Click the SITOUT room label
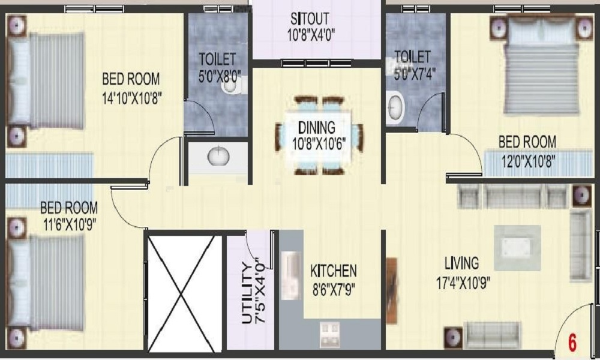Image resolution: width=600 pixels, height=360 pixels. pyautogui.click(x=310, y=19)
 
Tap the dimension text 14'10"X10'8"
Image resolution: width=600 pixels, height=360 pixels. pyautogui.click(x=131, y=98)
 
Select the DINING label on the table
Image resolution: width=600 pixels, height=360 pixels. pyautogui.click(x=317, y=127)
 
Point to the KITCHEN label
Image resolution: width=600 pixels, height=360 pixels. pyautogui.click(x=333, y=271)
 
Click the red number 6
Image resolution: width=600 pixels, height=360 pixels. pyautogui.click(x=572, y=343)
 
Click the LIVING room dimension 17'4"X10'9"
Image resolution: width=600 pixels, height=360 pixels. pyautogui.click(x=463, y=283)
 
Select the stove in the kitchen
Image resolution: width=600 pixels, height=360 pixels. pyautogui.click(x=330, y=334)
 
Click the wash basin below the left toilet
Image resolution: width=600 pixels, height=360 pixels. pyautogui.click(x=218, y=156)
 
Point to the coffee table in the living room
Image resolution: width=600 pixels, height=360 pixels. pyautogui.click(x=517, y=248)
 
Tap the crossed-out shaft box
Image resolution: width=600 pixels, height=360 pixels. pyautogui.click(x=185, y=294)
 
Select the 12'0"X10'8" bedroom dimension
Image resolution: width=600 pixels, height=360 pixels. pyautogui.click(x=528, y=161)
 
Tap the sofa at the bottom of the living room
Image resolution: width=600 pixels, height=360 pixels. pyautogui.click(x=492, y=335)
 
